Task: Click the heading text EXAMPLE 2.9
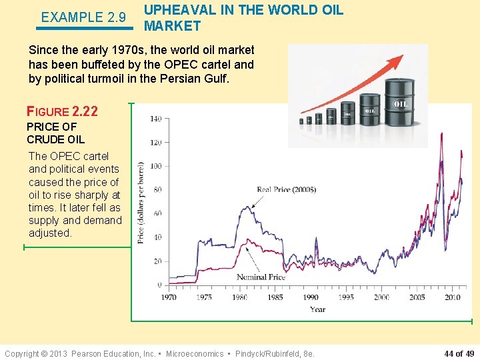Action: (83, 17)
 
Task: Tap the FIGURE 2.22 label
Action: (62, 111)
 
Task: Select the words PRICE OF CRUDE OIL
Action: (55, 133)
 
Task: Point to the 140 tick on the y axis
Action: (155, 119)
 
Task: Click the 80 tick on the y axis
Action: (157, 190)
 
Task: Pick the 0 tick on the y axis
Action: (159, 285)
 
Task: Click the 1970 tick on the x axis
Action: (169, 297)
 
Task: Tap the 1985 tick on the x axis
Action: (275, 297)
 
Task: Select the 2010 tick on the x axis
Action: (453, 297)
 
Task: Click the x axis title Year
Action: (317, 309)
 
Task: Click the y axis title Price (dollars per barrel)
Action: (141, 203)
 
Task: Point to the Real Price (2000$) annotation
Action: (286, 190)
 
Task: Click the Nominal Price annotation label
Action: (261, 277)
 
